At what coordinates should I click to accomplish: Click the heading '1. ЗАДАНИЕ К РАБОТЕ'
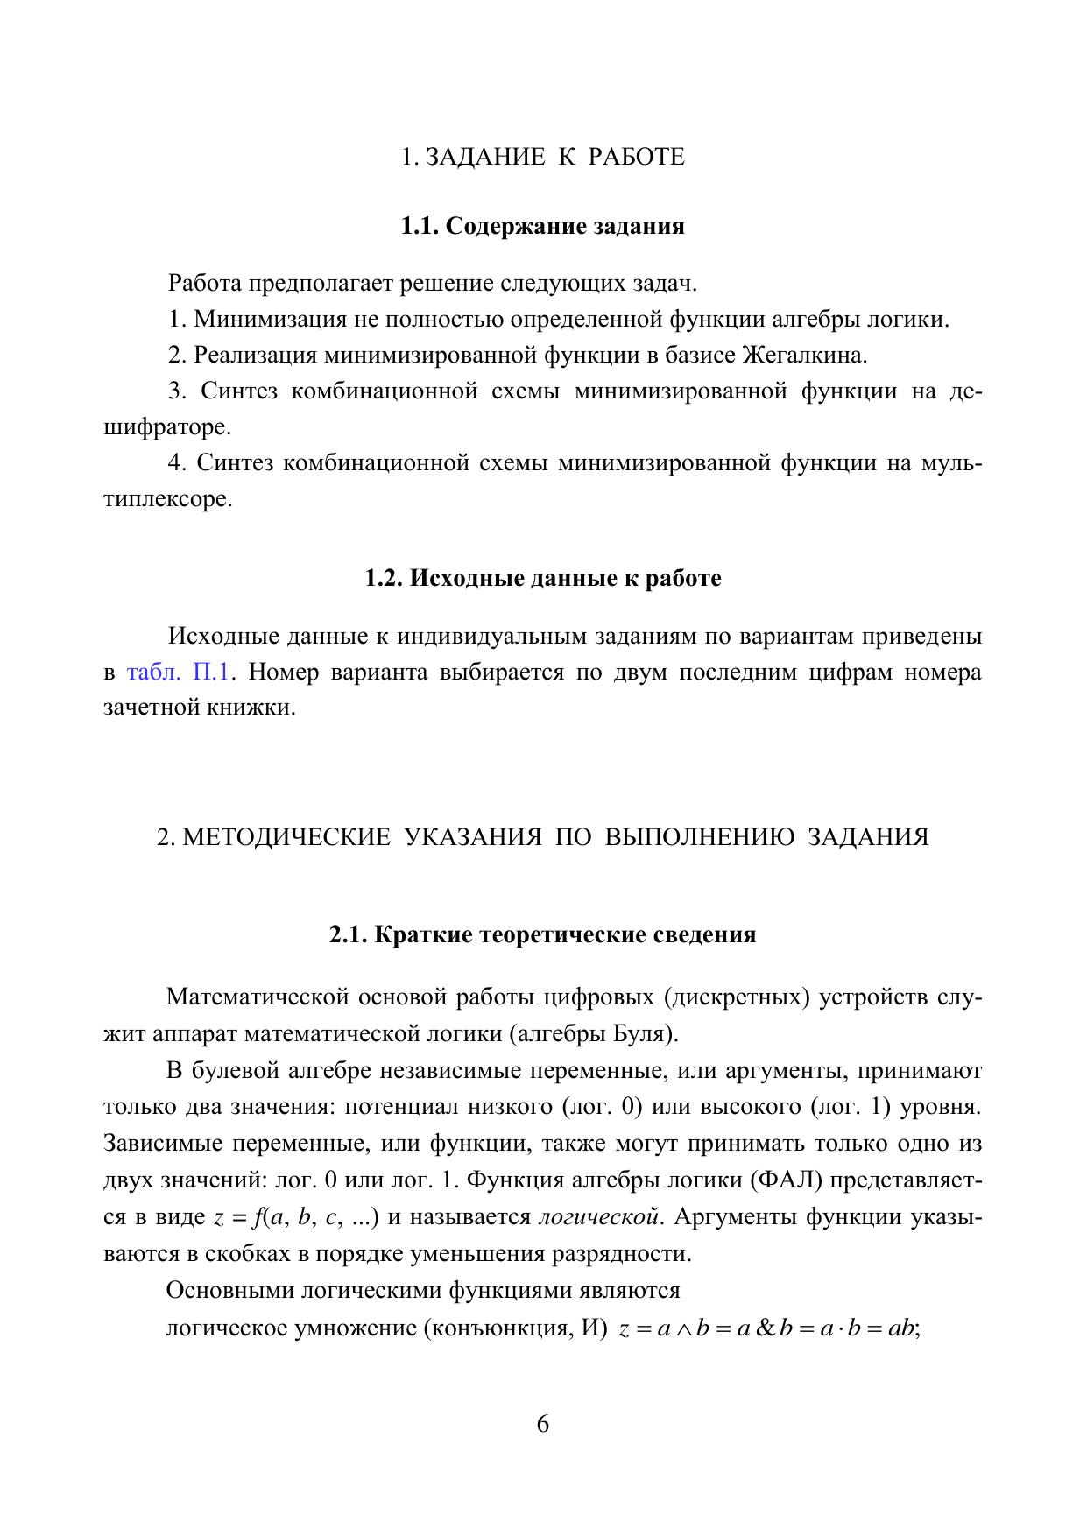(542, 157)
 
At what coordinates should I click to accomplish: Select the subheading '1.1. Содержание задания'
(542, 226)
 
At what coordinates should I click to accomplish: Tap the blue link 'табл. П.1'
(178, 673)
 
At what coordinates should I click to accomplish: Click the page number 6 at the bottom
(543, 1424)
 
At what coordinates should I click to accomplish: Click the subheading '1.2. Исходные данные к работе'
(542, 579)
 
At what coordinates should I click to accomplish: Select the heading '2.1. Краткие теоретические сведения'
(542, 934)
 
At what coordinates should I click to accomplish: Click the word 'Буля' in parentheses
(648, 1034)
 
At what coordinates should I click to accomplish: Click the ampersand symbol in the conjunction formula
(765, 1328)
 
